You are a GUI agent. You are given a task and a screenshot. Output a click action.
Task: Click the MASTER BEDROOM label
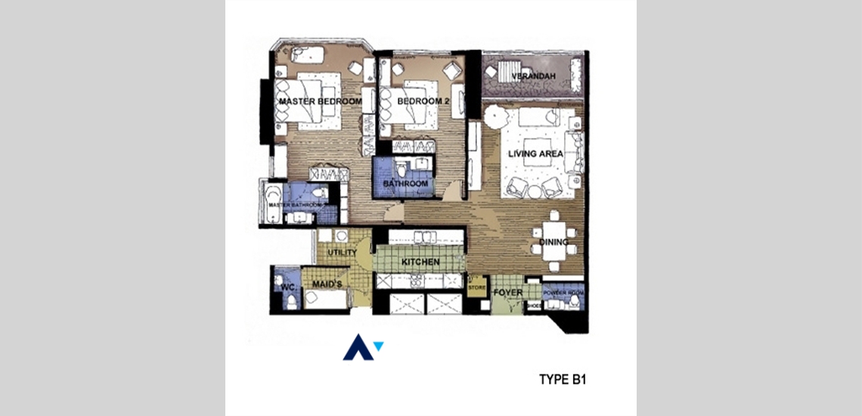click(x=320, y=101)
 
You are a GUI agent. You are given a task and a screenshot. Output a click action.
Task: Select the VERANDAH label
click(x=533, y=77)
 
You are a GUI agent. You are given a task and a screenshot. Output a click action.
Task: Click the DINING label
click(x=553, y=243)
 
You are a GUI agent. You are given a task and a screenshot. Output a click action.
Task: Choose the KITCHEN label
click(x=420, y=262)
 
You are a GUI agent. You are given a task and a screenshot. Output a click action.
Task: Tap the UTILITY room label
click(x=342, y=252)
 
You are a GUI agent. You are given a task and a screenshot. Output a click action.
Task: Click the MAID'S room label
click(x=327, y=284)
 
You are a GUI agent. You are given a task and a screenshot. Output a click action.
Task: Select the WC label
click(x=287, y=287)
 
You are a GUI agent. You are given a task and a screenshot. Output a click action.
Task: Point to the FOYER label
click(x=504, y=292)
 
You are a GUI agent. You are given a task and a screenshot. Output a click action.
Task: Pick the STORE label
click(x=476, y=287)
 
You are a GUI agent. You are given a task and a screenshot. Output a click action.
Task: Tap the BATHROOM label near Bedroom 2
click(x=405, y=184)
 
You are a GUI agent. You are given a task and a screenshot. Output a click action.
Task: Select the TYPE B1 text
click(x=562, y=379)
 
